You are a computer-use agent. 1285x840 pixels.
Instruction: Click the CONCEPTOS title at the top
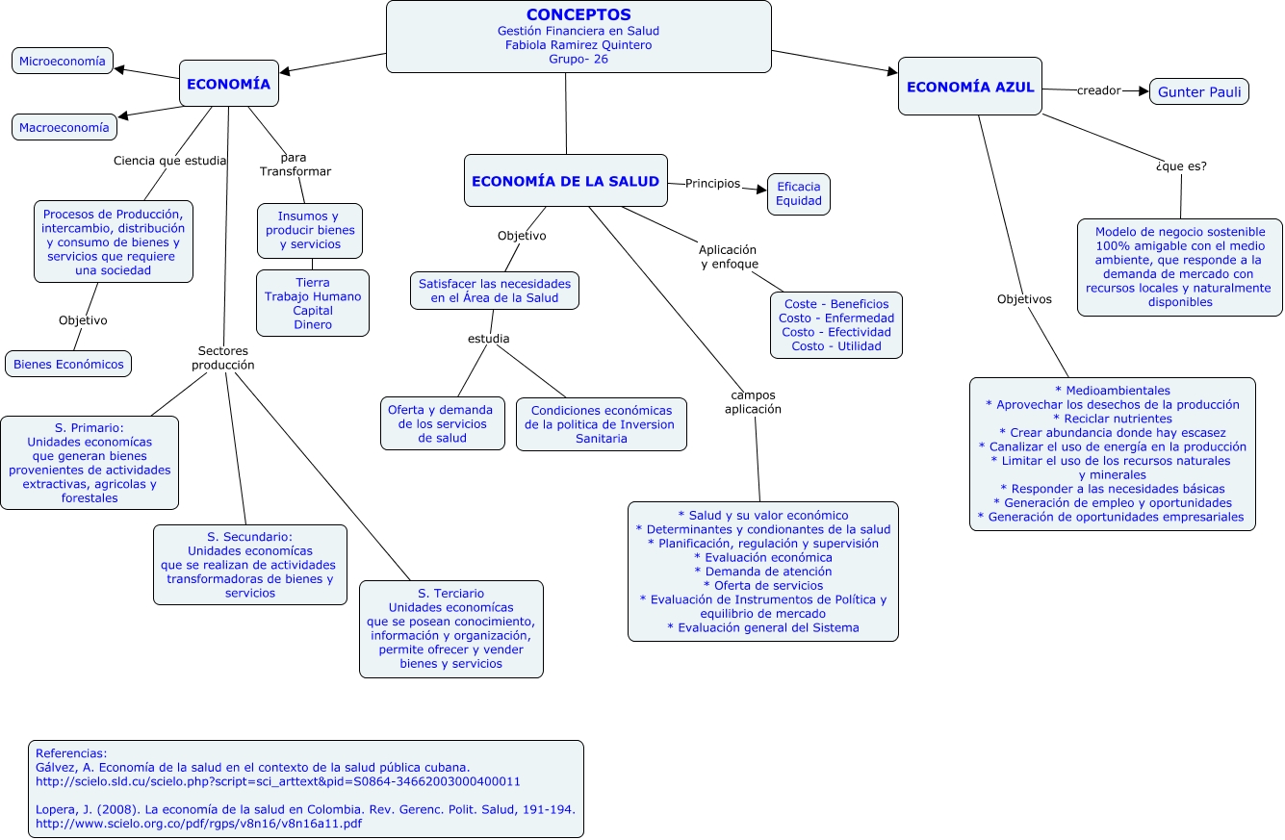point(578,14)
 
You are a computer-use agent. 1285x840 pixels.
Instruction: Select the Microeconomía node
point(63,62)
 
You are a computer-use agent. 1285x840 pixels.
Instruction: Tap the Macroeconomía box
point(64,127)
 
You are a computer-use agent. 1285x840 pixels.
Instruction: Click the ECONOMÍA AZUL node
point(970,87)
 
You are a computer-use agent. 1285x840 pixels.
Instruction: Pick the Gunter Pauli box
point(1198,92)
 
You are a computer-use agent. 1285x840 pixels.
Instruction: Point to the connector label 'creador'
point(1098,90)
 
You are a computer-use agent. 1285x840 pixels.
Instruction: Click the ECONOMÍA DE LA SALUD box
point(565,181)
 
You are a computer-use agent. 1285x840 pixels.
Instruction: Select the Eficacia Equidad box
point(798,194)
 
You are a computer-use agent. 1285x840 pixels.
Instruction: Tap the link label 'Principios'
point(712,183)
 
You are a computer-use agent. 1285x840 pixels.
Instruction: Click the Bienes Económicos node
point(68,365)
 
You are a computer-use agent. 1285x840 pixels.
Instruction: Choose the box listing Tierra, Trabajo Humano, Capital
point(312,303)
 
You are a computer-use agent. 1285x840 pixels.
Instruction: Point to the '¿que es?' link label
point(1180,165)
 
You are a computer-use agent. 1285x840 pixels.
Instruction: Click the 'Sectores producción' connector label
point(222,358)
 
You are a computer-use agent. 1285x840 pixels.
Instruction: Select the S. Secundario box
point(249,565)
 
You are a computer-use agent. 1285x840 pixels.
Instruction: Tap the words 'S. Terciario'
point(450,594)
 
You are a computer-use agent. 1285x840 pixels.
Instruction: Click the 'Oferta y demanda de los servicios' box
point(442,423)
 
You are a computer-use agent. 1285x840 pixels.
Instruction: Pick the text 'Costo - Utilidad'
point(835,346)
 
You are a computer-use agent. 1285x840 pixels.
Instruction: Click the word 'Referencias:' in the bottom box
point(71,753)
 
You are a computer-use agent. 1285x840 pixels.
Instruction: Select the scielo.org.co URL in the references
point(198,824)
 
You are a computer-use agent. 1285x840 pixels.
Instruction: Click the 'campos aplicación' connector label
point(753,401)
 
